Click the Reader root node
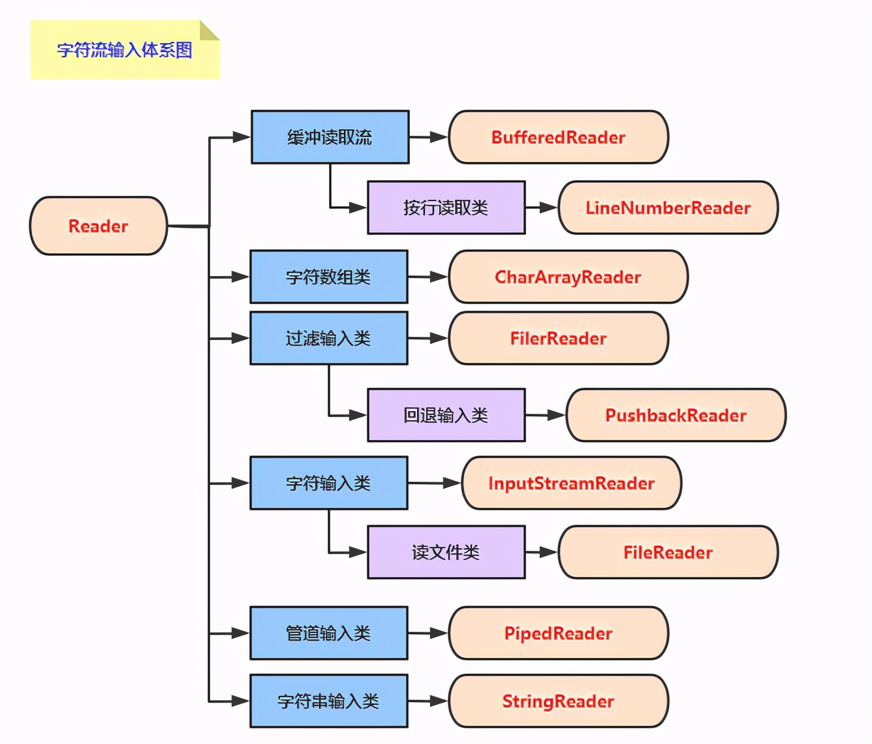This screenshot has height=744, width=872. tap(99, 226)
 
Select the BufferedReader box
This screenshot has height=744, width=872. tap(559, 137)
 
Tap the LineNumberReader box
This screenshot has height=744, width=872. tap(668, 208)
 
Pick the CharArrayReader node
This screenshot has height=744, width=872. tap(568, 277)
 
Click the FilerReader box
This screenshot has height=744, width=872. tap(559, 338)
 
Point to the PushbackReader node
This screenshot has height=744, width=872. tap(676, 415)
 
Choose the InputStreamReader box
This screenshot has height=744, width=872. tap(572, 483)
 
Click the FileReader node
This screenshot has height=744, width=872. tap(668, 552)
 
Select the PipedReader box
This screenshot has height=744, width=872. tap(559, 633)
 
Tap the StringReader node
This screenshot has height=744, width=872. tap(559, 701)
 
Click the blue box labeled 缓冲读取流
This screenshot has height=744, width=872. tap(330, 137)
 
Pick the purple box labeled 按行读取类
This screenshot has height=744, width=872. tap(446, 208)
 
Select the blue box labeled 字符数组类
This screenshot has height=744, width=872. tap(329, 277)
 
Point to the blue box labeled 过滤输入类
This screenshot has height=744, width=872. tap(329, 338)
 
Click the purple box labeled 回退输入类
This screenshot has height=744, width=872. tap(446, 415)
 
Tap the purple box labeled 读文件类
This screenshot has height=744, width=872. tap(446, 552)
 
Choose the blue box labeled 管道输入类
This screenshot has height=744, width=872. tap(329, 633)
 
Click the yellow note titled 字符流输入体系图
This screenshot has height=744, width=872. tap(125, 50)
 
